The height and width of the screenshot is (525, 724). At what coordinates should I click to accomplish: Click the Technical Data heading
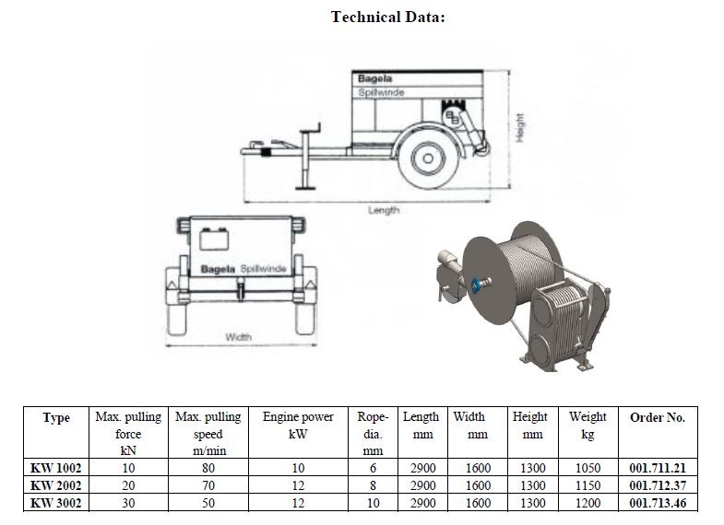click(388, 17)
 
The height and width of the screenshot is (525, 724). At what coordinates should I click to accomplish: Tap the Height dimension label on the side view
click(520, 127)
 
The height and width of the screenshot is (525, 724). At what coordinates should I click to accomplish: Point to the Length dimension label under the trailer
click(384, 210)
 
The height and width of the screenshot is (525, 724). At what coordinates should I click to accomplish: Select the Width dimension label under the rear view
click(238, 337)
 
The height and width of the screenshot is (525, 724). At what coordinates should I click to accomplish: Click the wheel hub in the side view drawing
click(428, 158)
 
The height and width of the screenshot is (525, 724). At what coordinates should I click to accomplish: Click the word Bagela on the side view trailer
click(374, 78)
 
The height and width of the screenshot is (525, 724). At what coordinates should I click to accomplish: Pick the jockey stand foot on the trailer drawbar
click(306, 187)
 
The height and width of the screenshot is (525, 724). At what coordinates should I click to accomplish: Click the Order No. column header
click(658, 417)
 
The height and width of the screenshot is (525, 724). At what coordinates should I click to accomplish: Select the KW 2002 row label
click(56, 485)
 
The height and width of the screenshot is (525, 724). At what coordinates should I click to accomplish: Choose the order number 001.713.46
click(658, 503)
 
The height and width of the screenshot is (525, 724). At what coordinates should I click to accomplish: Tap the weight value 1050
click(588, 468)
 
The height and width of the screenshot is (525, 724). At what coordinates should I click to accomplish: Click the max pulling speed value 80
click(208, 468)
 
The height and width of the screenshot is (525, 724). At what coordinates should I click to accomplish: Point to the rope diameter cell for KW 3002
click(373, 503)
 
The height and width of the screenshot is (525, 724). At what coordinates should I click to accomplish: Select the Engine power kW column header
click(298, 426)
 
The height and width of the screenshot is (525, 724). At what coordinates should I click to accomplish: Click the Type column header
click(56, 417)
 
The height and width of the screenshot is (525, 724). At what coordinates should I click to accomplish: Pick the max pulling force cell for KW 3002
click(128, 503)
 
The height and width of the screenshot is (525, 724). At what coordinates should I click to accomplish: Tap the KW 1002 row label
click(56, 468)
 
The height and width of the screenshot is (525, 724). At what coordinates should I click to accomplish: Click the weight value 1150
click(588, 485)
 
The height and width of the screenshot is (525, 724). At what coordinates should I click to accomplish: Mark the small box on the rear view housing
click(214, 239)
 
